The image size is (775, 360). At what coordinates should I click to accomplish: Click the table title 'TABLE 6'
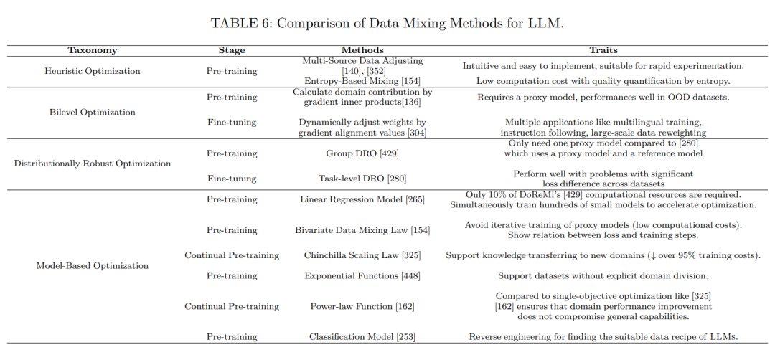387,22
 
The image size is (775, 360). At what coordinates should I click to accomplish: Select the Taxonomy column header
92,50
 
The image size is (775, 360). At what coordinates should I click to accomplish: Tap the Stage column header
232,50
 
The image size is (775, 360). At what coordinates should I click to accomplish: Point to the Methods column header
362,50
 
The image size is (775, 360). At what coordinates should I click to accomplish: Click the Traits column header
603,50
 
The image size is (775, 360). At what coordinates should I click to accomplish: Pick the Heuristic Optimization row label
92,71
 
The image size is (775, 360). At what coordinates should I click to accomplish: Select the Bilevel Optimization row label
92,112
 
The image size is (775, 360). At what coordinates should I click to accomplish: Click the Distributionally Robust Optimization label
92,164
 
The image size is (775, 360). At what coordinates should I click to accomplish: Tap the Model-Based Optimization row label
92,265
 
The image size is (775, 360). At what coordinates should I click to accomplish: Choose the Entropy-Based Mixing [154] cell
362,81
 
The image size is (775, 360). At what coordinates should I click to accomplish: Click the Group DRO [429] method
362,153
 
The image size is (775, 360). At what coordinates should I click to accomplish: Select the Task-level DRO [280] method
362,179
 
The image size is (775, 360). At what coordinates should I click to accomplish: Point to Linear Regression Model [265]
362,199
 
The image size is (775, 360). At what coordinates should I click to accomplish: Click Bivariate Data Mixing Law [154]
362,230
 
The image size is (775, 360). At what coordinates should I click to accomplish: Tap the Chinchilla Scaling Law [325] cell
362,255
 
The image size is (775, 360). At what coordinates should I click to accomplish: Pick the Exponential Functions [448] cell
362,275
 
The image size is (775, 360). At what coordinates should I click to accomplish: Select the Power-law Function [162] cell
362,306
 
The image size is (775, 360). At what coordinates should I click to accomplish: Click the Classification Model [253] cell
362,336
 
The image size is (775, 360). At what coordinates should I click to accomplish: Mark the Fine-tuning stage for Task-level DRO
232,179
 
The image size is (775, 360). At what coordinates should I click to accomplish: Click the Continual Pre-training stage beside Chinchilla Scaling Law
232,255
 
